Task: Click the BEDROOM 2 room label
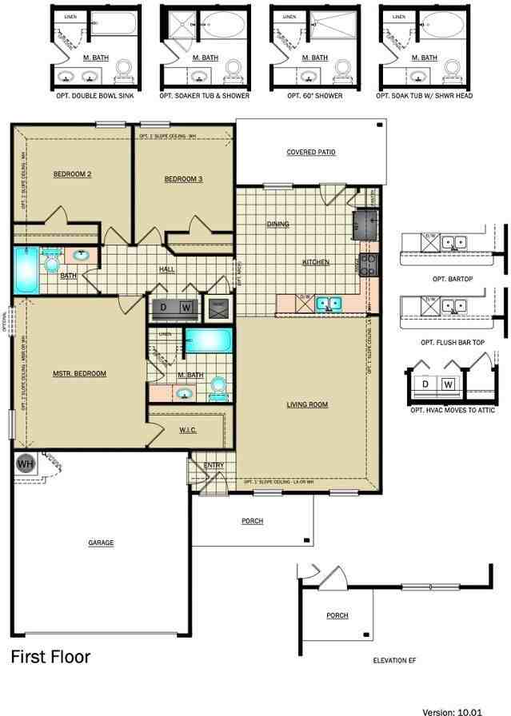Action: [72, 174]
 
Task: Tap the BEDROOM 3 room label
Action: [183, 179]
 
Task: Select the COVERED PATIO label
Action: [311, 152]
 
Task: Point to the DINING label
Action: [277, 225]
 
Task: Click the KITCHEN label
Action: [315, 262]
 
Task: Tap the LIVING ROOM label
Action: [307, 404]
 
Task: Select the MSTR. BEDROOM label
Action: [79, 373]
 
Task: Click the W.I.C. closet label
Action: [188, 430]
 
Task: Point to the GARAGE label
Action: [101, 543]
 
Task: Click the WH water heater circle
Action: [26, 463]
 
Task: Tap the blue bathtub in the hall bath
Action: [25, 271]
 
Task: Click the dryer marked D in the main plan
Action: [163, 307]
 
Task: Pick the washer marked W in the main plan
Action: [185, 307]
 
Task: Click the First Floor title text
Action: [50, 657]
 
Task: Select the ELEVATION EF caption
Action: [395, 660]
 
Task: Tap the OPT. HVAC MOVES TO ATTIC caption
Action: [453, 410]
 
